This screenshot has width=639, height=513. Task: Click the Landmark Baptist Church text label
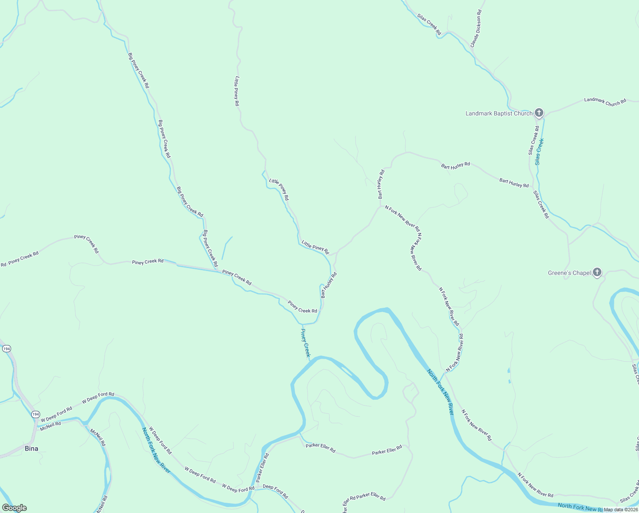[498, 113]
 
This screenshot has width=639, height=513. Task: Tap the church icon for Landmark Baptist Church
[539, 113]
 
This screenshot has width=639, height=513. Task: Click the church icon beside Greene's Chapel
[597, 272]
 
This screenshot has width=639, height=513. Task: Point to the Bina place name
[31, 448]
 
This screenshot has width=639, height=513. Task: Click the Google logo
[14, 508]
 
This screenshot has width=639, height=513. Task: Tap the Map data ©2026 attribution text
[621, 510]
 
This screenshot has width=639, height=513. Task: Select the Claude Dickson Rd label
[476, 29]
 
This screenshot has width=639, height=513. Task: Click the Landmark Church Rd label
[605, 101]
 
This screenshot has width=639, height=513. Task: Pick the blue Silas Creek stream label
[539, 151]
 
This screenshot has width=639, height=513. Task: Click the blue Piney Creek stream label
[305, 343]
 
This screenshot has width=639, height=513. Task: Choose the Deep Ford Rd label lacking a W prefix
[275, 491]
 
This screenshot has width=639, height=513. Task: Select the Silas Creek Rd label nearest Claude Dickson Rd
[429, 24]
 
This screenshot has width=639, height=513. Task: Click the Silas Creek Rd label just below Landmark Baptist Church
[533, 140]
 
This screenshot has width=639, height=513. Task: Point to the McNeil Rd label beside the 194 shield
[50, 426]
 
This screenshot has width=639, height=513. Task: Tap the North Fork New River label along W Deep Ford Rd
[156, 450]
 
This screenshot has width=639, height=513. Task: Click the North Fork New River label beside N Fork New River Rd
[440, 392]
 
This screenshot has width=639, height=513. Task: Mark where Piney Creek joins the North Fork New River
[310, 360]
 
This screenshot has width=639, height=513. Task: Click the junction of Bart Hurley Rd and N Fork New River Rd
[380, 206]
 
